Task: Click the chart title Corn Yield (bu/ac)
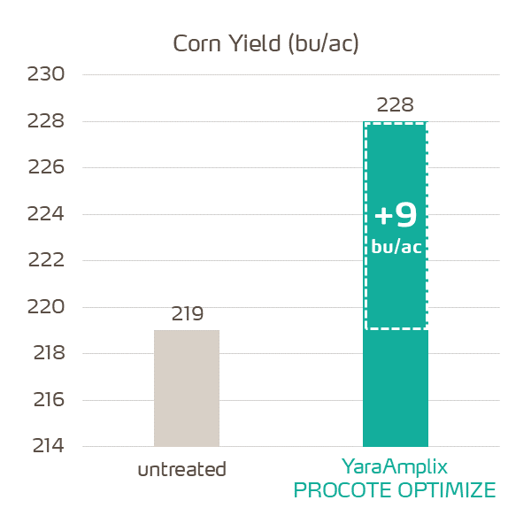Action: (x=265, y=44)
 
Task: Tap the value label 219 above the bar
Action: (x=187, y=314)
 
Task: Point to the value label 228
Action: (x=395, y=105)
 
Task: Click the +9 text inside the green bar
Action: (x=395, y=216)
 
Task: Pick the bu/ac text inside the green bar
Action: (x=396, y=247)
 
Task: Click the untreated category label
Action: (x=182, y=469)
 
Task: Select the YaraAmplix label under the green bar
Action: (x=395, y=466)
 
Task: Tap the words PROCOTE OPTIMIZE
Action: (x=395, y=490)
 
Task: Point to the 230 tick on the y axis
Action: (x=47, y=75)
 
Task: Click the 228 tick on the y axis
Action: (x=47, y=121)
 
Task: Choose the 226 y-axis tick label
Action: (x=47, y=168)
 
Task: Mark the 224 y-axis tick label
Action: (x=47, y=214)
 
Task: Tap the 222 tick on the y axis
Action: (x=47, y=261)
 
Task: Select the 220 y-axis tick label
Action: (x=47, y=307)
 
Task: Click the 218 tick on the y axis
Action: (x=47, y=354)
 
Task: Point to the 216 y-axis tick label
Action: (x=47, y=400)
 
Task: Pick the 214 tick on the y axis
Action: (x=47, y=446)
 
